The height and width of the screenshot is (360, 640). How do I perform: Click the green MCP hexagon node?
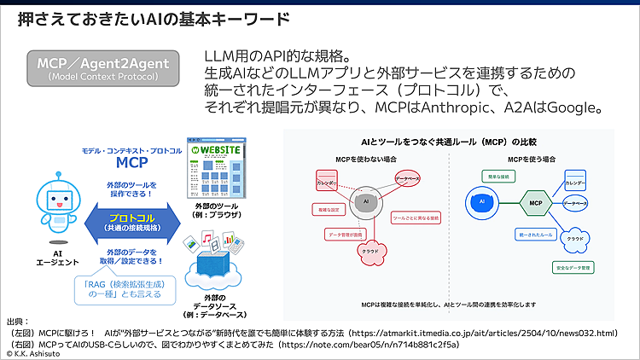[x=536, y=203]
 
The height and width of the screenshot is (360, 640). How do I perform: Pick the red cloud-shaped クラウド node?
[x=370, y=251]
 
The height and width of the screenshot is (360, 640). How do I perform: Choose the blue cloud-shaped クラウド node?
[x=575, y=239]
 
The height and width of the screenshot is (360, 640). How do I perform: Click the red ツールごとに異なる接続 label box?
[x=416, y=218]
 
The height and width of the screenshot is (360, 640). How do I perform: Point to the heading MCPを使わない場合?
[x=369, y=159]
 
